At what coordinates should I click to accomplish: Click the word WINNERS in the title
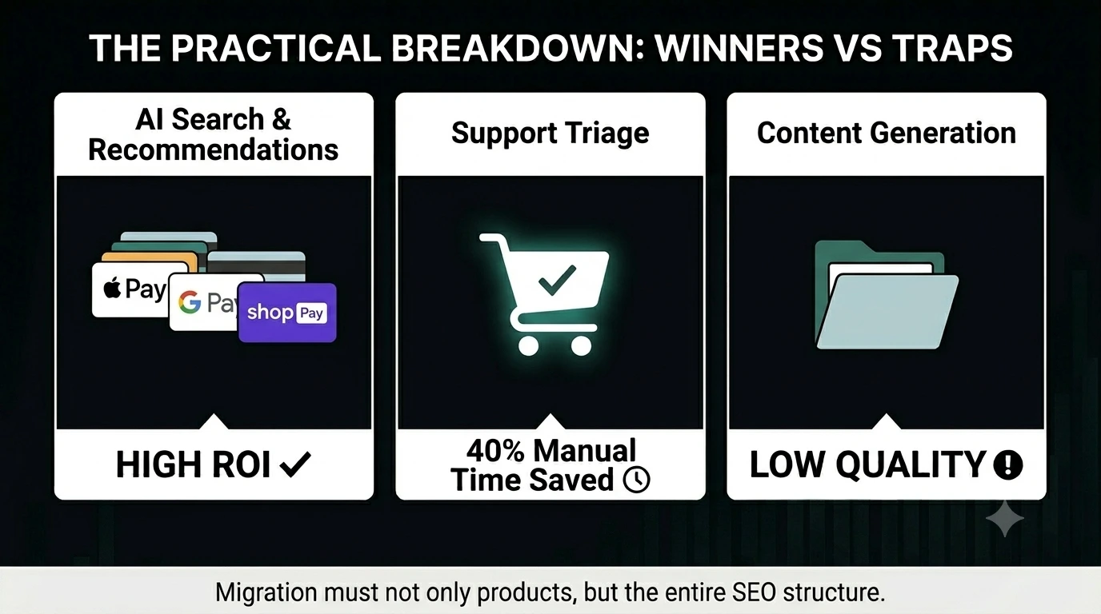pos(739,48)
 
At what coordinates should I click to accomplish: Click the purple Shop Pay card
pos(287,313)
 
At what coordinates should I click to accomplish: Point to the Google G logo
pos(190,301)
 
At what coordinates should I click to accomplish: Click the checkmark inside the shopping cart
pos(557,281)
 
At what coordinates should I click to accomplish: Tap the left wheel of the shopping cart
pos(528,345)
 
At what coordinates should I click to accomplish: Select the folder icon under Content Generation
pos(887,295)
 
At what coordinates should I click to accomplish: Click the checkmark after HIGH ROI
pos(295,464)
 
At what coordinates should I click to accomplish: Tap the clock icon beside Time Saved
pos(637,480)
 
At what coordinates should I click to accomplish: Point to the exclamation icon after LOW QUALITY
pos(1008,464)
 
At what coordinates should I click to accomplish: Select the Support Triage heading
pos(550,134)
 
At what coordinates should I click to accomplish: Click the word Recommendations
pos(214,150)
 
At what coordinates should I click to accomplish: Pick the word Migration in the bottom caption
pos(266,593)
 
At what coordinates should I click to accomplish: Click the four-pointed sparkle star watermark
pos(1005,518)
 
